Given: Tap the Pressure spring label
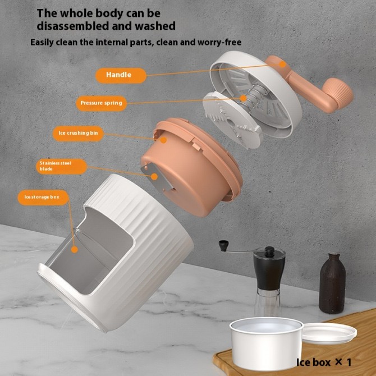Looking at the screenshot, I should pos(101,103).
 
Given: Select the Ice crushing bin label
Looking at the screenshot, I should pos(78,134).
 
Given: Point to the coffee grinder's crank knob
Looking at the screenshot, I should pos(223,245).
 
